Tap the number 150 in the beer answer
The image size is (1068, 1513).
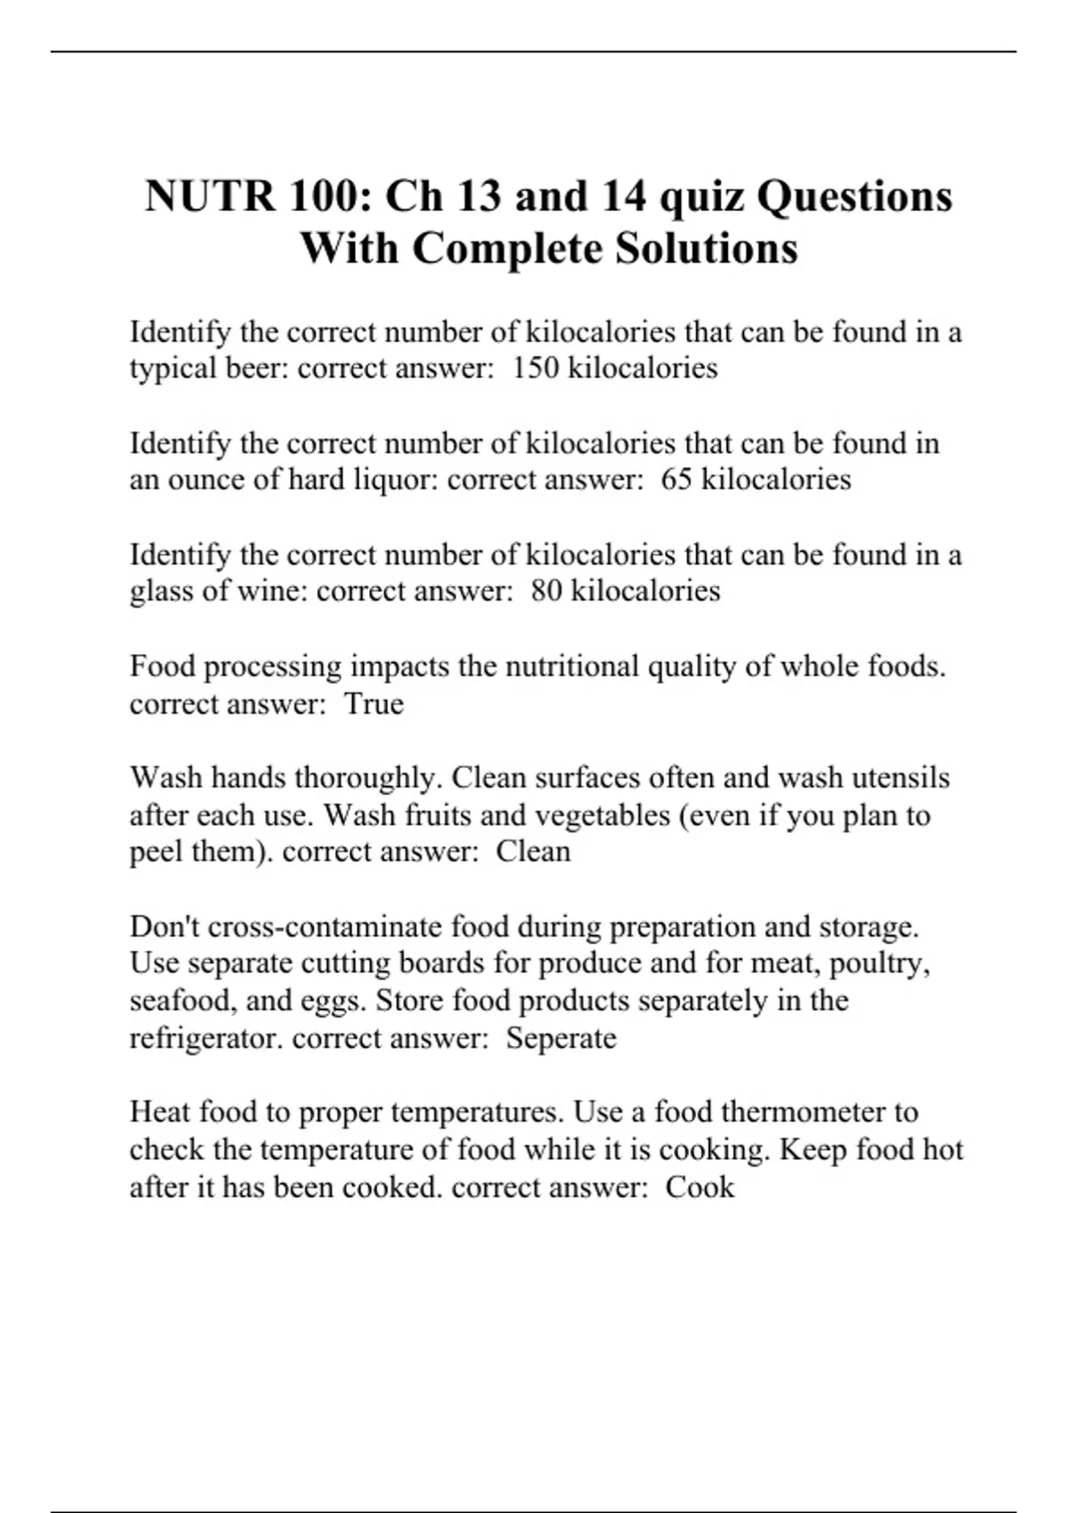pyautogui.click(x=536, y=368)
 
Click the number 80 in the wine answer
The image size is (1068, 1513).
pyautogui.click(x=546, y=590)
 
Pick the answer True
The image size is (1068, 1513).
pyautogui.click(x=374, y=703)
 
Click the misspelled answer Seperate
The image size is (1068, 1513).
pyautogui.click(x=561, y=1038)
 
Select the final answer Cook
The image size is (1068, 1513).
pyautogui.click(x=700, y=1186)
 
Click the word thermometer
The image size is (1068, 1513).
pyautogui.click(x=806, y=1112)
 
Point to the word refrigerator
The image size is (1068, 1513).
pyautogui.click(x=206, y=1038)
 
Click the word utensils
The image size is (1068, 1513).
pyautogui.click(x=901, y=777)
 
